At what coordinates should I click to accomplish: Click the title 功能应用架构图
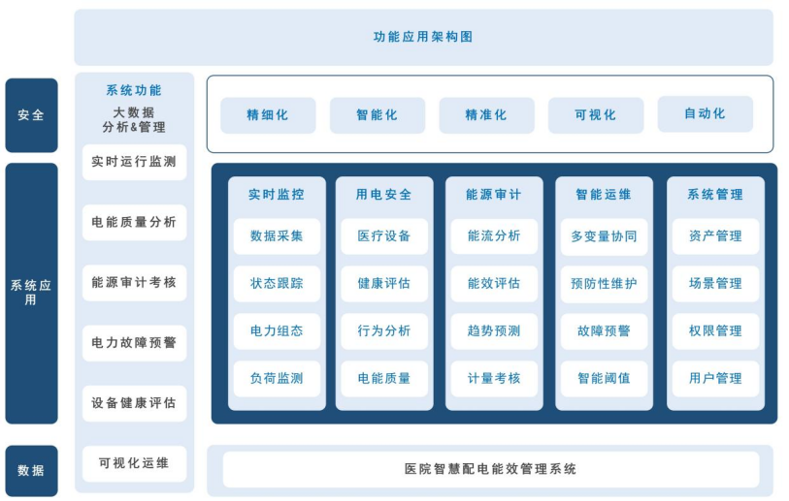point(423,37)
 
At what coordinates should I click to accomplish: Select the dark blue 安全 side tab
point(31,115)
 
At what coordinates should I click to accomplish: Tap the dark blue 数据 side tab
point(31,471)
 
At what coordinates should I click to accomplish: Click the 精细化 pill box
point(268,115)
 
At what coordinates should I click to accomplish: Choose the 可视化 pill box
point(596,115)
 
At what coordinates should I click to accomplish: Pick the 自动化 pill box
point(705,114)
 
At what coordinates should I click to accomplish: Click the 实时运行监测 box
point(134,162)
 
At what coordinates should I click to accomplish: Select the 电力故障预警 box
point(134,343)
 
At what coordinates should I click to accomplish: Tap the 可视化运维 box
point(134,463)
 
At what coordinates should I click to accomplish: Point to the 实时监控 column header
point(277,194)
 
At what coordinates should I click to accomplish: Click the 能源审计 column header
point(494,194)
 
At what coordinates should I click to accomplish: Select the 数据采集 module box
point(277,235)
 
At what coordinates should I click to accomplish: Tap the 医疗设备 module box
point(384,235)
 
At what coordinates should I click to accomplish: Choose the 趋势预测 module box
point(494,330)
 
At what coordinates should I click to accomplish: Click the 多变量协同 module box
point(604,235)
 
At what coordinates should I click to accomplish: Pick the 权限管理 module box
point(715,330)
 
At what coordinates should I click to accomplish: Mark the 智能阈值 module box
point(604,378)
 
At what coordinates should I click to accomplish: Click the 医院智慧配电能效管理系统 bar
point(490,469)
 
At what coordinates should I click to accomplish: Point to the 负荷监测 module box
point(277,378)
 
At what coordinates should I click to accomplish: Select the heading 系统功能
point(134,90)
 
